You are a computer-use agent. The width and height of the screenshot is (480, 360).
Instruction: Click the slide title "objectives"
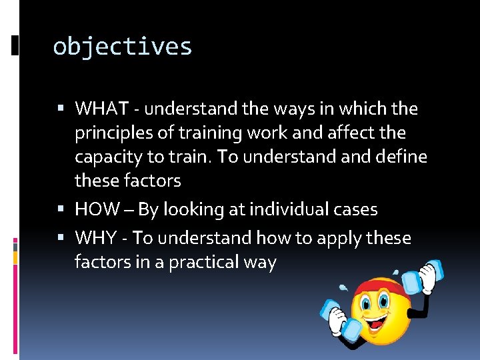pos(122,47)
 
